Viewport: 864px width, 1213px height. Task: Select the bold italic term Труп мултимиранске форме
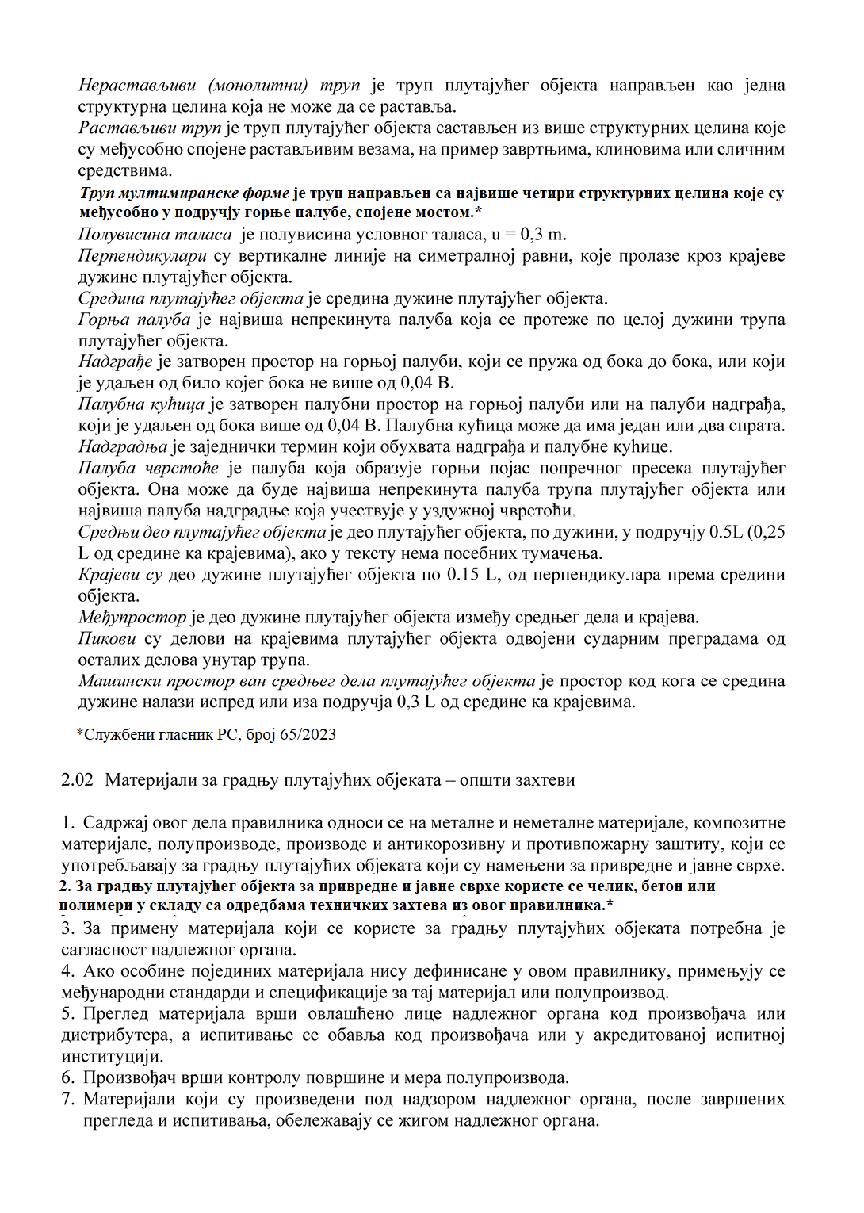coord(185,193)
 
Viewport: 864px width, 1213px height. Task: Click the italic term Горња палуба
coord(134,320)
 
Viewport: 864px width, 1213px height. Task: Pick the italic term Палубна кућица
coord(141,404)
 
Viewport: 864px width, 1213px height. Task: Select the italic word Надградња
coord(123,447)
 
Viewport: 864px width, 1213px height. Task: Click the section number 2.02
coord(77,780)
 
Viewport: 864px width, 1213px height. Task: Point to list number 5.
coord(67,1014)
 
